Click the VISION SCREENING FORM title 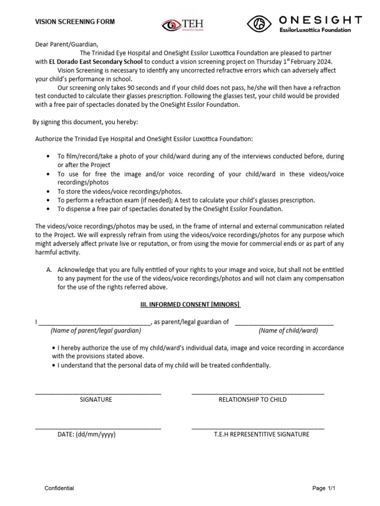pyautogui.click(x=75, y=22)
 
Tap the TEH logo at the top pyautogui.click(x=183, y=25)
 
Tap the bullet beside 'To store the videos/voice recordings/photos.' pyautogui.click(x=47, y=192)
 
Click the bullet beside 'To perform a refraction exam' pyautogui.click(x=47, y=201)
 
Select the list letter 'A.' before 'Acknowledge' pyautogui.click(x=49, y=270)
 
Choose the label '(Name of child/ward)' pyautogui.click(x=288, y=331)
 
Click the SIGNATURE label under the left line pyautogui.click(x=96, y=399)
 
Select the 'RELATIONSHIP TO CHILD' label pyautogui.click(x=252, y=399)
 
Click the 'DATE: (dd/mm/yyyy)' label pyautogui.click(x=87, y=434)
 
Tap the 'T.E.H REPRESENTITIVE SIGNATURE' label pyautogui.click(x=261, y=434)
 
